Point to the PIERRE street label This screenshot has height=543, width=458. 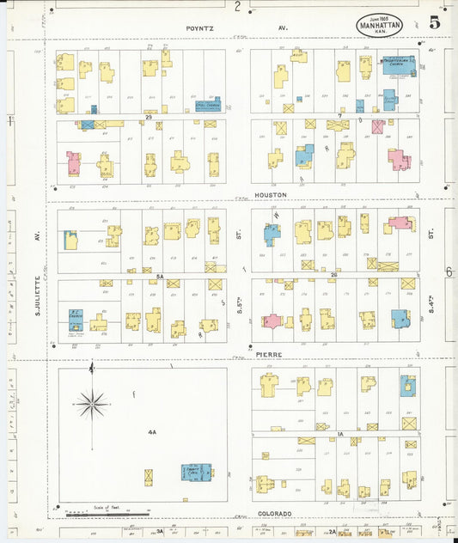point(269,353)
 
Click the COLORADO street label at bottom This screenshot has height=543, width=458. point(275,513)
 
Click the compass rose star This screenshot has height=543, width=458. point(91,402)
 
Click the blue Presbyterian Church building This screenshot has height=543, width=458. point(398,65)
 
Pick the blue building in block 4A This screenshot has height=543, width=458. point(195,472)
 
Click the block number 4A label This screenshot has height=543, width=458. point(151,433)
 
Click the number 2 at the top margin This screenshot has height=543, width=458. point(237,6)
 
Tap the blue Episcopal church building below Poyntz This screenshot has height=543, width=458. point(207,105)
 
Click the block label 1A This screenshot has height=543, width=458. point(340,435)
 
